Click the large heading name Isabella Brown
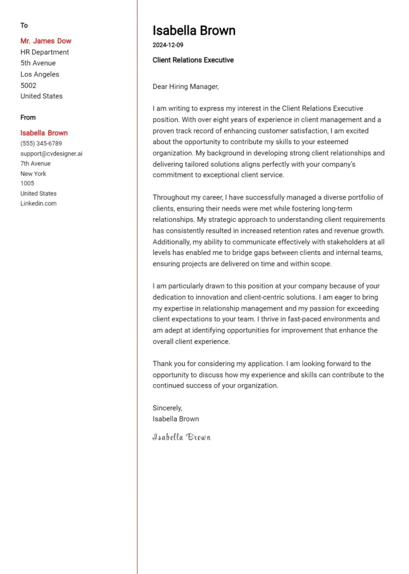(194, 30)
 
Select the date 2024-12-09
(168, 45)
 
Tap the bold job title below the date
(193, 60)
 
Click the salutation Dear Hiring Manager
(185, 86)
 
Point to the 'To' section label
(24, 25)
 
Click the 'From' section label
(28, 117)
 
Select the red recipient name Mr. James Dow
(46, 41)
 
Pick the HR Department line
(45, 52)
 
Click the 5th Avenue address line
(38, 63)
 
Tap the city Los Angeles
(40, 74)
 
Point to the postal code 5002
(29, 85)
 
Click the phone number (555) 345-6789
(41, 143)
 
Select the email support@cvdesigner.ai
(52, 154)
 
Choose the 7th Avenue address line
(35, 164)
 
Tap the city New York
(34, 174)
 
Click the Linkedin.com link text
(39, 203)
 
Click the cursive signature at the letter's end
(182, 437)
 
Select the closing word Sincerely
(168, 408)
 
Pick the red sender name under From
(44, 133)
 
